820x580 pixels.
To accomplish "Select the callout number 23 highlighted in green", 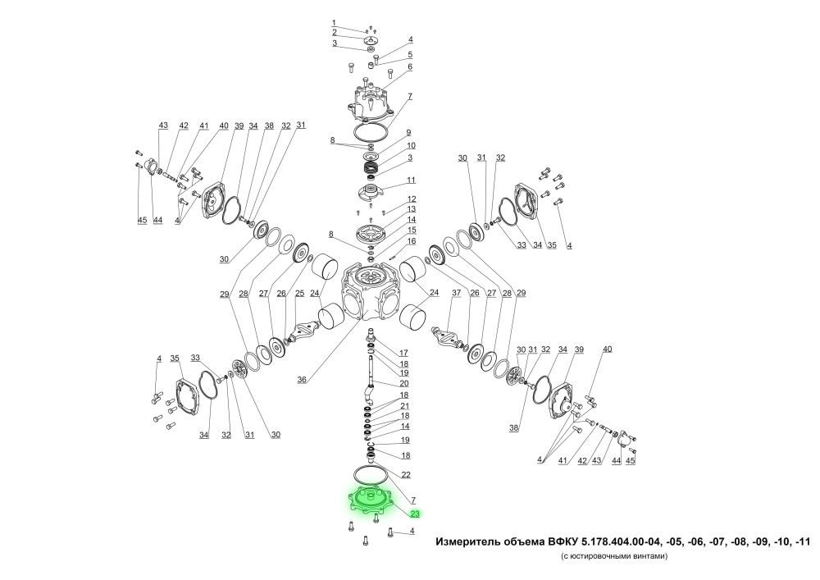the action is [415, 514].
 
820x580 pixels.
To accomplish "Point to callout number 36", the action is [302, 380].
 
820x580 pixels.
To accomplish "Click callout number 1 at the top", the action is [334, 22].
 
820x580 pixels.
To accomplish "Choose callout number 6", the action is [410, 66].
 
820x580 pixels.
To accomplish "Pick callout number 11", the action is [411, 180].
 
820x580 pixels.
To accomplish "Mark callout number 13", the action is [412, 209].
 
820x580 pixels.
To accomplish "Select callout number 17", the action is [403, 353].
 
